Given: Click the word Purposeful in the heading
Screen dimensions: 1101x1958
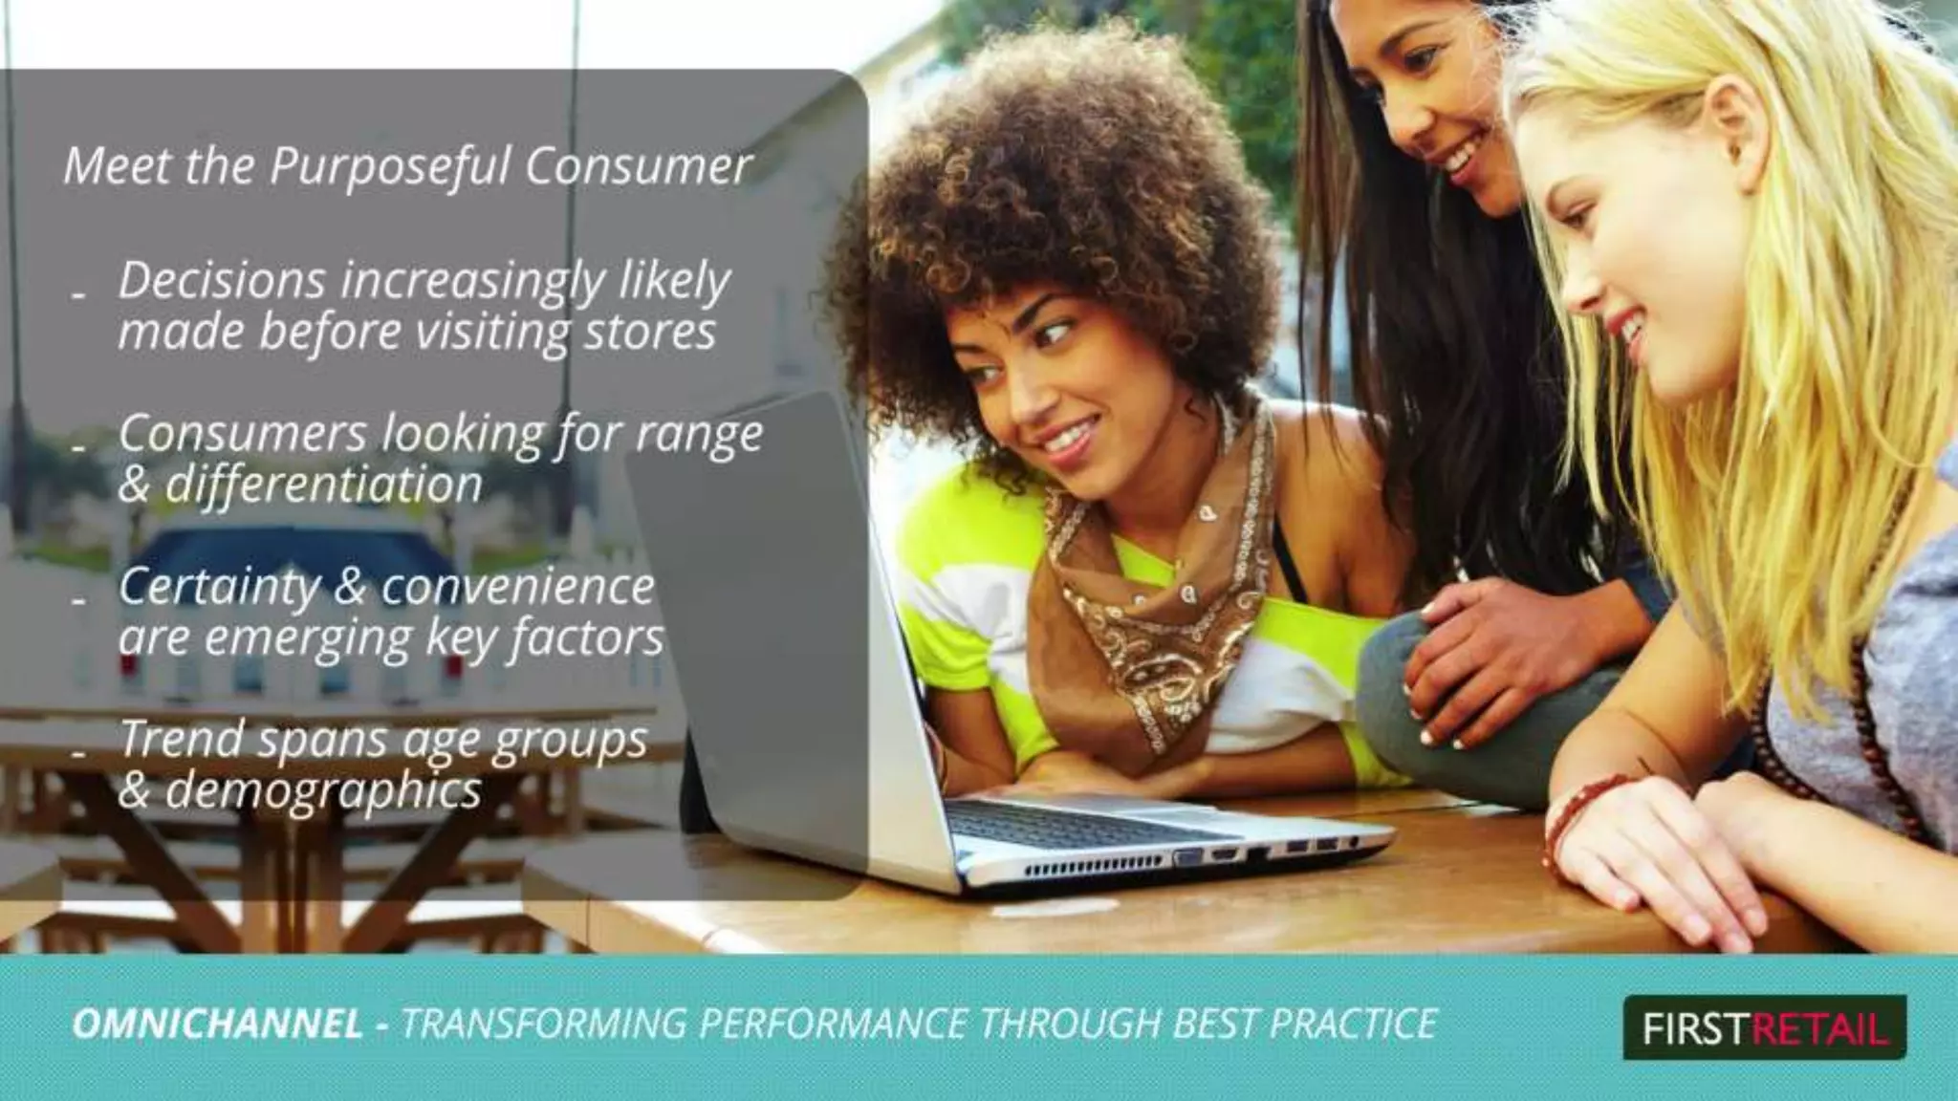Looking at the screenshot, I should [x=391, y=167].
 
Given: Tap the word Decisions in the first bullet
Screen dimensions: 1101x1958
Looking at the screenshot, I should [x=222, y=280].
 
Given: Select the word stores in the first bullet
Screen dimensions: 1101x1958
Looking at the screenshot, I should [x=649, y=332].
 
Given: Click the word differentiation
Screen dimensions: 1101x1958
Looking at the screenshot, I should [x=323, y=485].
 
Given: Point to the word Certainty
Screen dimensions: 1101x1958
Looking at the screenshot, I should [x=219, y=588].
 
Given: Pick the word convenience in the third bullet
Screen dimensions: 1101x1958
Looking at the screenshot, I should [x=517, y=587].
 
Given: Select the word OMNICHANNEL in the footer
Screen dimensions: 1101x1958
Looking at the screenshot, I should [x=218, y=1024].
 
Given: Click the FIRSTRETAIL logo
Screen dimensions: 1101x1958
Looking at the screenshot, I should [x=1764, y=1028].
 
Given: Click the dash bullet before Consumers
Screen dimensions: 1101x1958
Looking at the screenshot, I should [x=80, y=447].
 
